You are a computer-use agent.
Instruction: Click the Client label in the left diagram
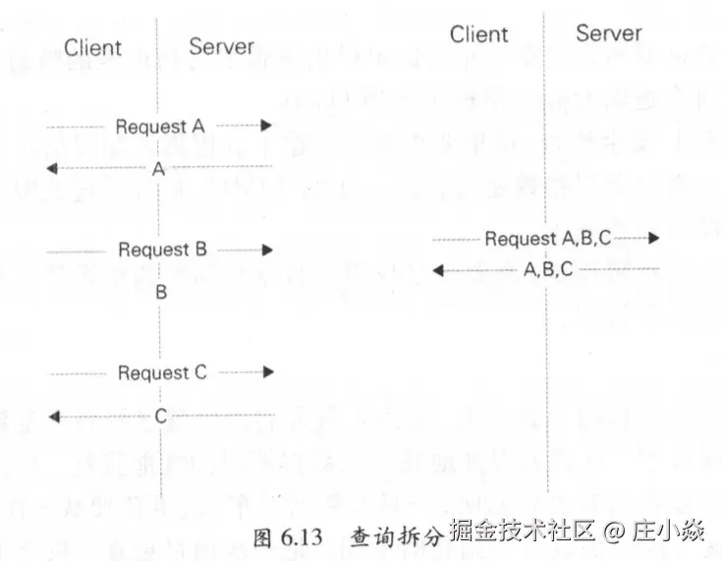[x=92, y=47]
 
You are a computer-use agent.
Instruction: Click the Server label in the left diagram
[x=221, y=46]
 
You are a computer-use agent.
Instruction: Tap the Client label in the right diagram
[x=479, y=34]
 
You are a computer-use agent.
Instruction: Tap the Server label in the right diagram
[x=608, y=33]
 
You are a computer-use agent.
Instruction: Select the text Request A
[x=159, y=127]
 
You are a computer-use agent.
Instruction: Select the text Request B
[x=162, y=250]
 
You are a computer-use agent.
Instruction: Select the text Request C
[x=162, y=372]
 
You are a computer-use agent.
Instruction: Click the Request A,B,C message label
[x=547, y=239]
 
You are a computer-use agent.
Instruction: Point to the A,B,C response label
[x=548, y=269]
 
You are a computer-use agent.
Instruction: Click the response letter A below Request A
[x=158, y=169]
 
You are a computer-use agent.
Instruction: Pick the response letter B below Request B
[x=161, y=292]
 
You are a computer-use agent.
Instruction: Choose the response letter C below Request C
[x=161, y=417]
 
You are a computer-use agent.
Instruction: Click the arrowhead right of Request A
[x=265, y=126]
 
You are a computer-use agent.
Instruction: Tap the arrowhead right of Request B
[x=267, y=251]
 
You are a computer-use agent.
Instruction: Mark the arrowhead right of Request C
[x=267, y=372]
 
